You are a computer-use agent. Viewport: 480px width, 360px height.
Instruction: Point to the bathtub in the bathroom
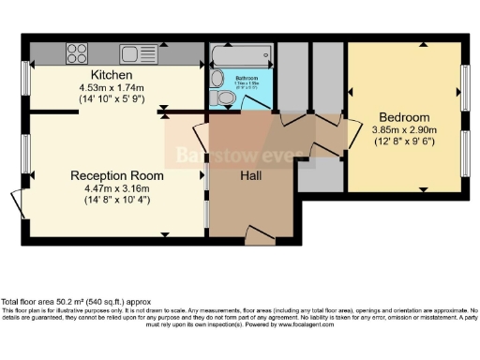tap(241, 52)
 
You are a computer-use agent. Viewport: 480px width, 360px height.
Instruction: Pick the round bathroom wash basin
tap(217, 78)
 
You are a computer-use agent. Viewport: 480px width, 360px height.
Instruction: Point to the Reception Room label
tap(117, 175)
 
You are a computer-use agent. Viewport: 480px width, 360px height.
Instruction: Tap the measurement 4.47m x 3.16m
tap(117, 187)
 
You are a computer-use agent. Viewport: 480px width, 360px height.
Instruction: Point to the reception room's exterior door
tap(19, 202)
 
